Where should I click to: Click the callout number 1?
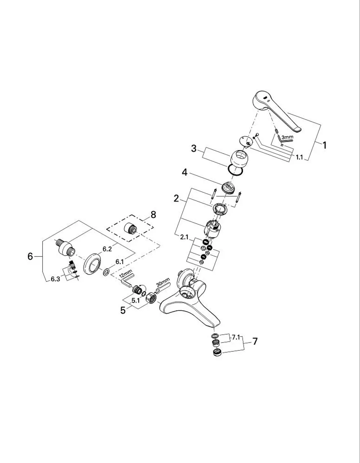point(324,145)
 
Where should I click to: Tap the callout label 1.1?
point(299,158)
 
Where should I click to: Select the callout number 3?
point(194,148)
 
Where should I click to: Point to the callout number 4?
point(185,172)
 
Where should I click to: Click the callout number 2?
point(176,199)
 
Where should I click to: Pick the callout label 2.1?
point(184,237)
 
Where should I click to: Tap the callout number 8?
point(153,214)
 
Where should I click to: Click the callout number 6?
point(30,256)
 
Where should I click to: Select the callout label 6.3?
point(55,279)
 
